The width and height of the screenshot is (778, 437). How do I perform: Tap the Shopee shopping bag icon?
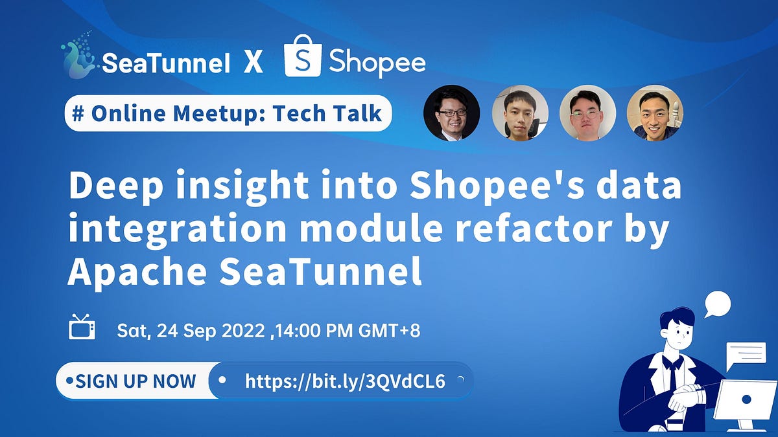tap(303, 56)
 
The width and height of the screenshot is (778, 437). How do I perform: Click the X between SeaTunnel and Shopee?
tap(253, 63)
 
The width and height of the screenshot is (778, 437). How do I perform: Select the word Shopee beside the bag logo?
tap(377, 62)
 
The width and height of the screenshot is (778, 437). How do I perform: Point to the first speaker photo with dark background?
tap(451, 113)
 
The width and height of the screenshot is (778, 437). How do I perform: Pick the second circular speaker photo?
tap(520, 113)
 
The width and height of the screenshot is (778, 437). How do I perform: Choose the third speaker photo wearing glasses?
tap(587, 113)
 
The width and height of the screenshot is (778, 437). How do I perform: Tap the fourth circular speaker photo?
tap(655, 113)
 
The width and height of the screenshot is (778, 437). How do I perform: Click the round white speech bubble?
tap(717, 304)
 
